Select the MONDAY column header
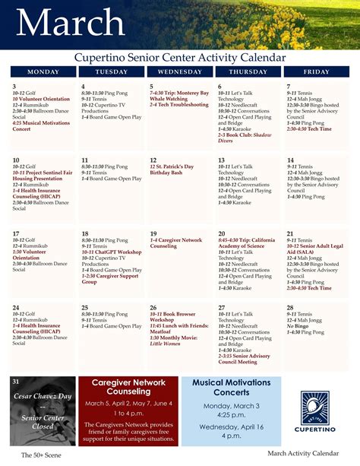[43, 71]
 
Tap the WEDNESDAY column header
[180, 71]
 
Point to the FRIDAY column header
[316, 71]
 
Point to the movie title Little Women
[166, 344]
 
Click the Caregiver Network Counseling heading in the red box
[128, 385]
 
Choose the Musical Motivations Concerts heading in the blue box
[230, 386]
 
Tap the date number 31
[16, 381]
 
